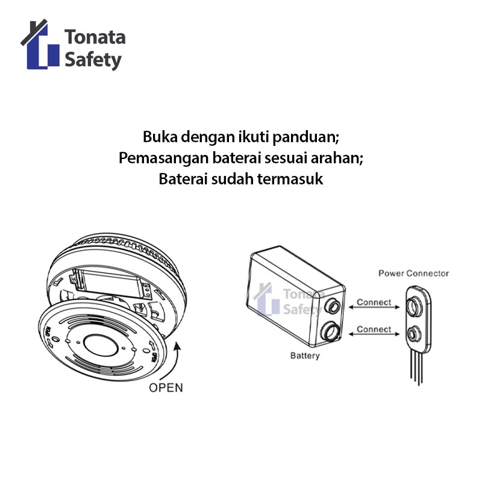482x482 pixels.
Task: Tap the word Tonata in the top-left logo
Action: pos(95,37)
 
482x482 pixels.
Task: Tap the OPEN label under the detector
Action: pos(166,387)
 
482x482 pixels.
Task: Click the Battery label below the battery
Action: pos(305,355)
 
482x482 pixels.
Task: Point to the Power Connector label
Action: pos(413,273)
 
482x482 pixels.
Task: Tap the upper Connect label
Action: pos(374,302)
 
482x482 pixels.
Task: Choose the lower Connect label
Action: pos(374,329)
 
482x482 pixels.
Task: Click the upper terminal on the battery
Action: pos(331,307)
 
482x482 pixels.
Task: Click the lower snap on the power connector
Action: pos(415,333)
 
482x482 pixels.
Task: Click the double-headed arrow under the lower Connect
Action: pos(374,337)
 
